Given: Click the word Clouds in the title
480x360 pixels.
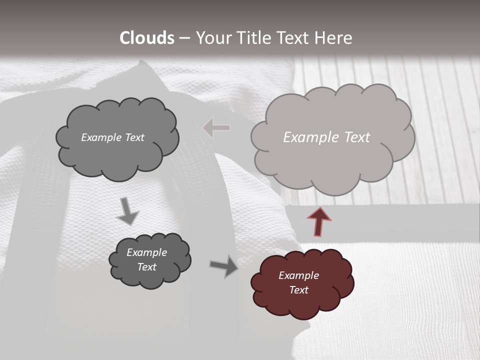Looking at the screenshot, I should point(147,38).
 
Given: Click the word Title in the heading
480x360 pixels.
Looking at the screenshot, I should point(254,38).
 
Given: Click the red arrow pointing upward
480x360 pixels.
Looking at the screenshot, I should point(319,221).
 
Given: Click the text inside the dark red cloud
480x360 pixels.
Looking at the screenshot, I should point(298,282).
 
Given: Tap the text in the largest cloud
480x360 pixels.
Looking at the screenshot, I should point(326,137).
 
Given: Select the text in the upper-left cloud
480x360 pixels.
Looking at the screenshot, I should point(112,137).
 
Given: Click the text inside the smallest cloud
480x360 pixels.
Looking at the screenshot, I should point(146,259).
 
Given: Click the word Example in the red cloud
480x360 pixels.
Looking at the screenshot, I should point(298,275).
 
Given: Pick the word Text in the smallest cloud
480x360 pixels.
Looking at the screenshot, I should point(146,267).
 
